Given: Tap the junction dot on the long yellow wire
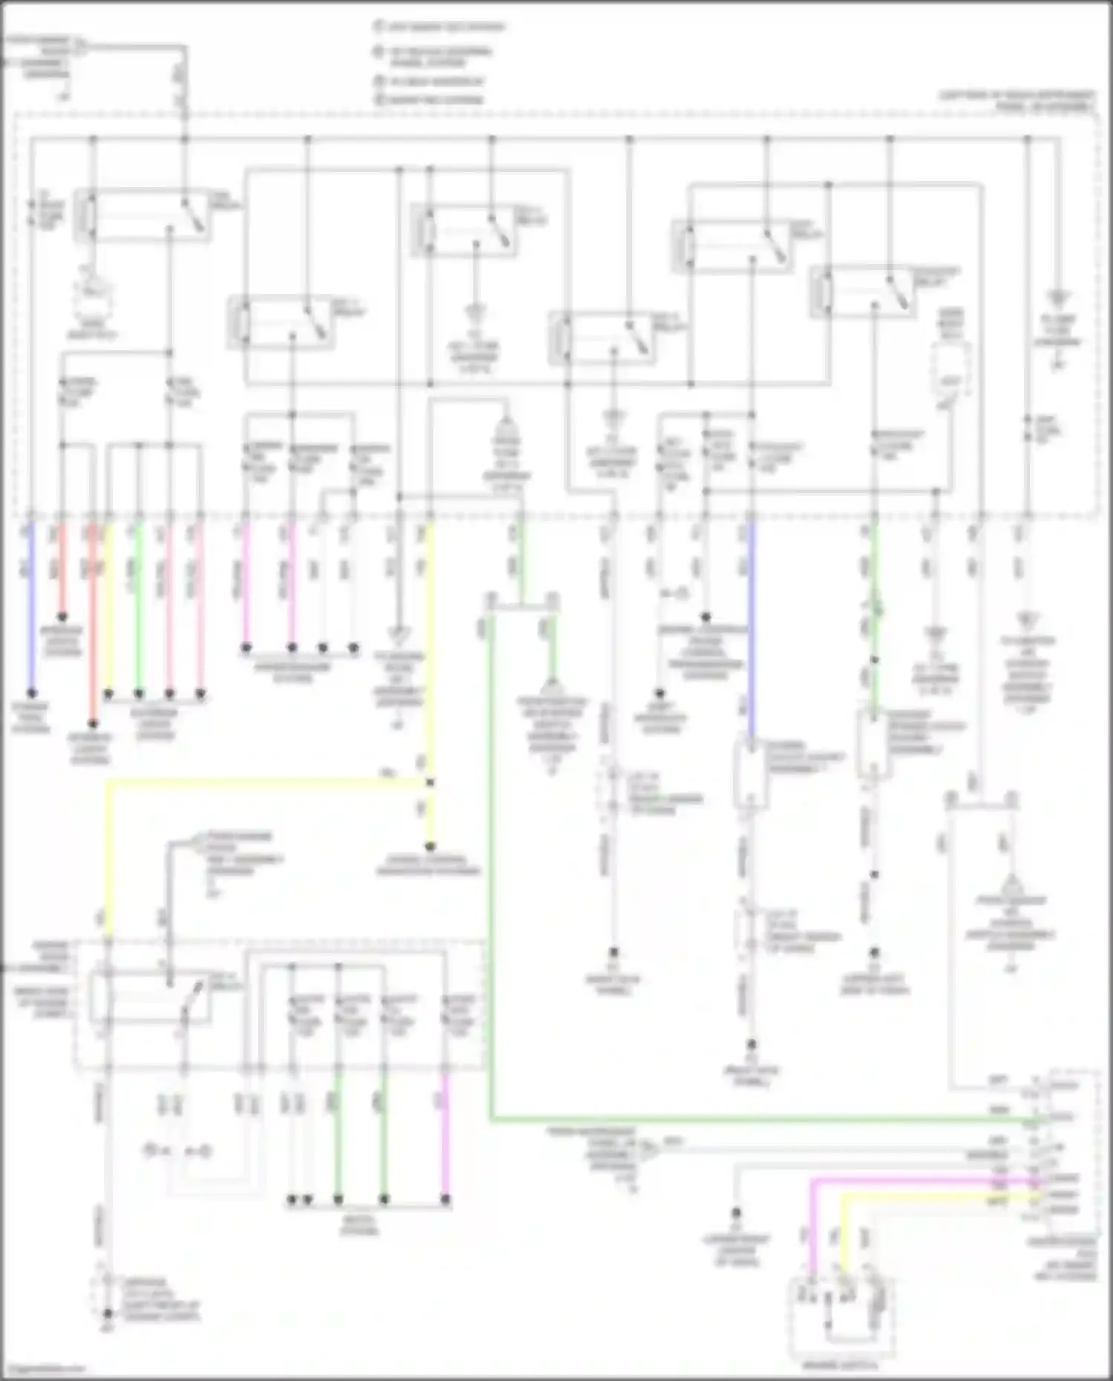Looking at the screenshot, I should [430, 782].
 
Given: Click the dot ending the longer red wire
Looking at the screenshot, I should [93, 724].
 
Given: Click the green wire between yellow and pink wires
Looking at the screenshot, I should [138, 609].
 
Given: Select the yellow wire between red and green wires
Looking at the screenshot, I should [109, 609].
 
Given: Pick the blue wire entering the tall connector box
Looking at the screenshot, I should [751, 631].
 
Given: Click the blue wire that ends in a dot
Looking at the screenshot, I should [31, 609].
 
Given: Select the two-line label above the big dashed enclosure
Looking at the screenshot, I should [1017, 101].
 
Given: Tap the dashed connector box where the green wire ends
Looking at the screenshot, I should [873, 744].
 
